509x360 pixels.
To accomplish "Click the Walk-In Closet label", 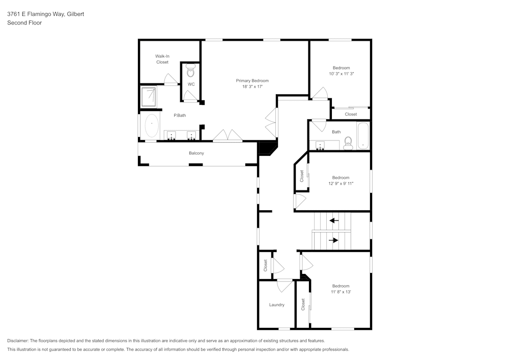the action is (162, 59).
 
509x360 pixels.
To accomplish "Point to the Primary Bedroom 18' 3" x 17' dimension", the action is (252, 87).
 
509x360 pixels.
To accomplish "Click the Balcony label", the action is (196, 153).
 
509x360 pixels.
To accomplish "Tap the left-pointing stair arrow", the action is (334, 221).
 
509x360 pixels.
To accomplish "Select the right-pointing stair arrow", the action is (333, 240).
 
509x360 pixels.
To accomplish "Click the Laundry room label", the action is (276, 305).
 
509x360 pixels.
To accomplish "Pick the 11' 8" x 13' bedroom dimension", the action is (341, 292).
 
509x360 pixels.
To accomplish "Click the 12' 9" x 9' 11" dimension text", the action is (341, 183).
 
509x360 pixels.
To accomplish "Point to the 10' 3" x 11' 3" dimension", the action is (342, 74).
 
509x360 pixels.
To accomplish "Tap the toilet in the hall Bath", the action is (348, 143).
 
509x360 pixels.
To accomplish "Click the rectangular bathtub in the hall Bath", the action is (363, 135).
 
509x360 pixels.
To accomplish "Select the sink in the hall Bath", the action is (320, 145).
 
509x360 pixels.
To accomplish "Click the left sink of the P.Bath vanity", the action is (171, 135).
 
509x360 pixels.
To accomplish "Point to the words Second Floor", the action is (24, 23).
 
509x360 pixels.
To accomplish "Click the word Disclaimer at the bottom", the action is (17, 341).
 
